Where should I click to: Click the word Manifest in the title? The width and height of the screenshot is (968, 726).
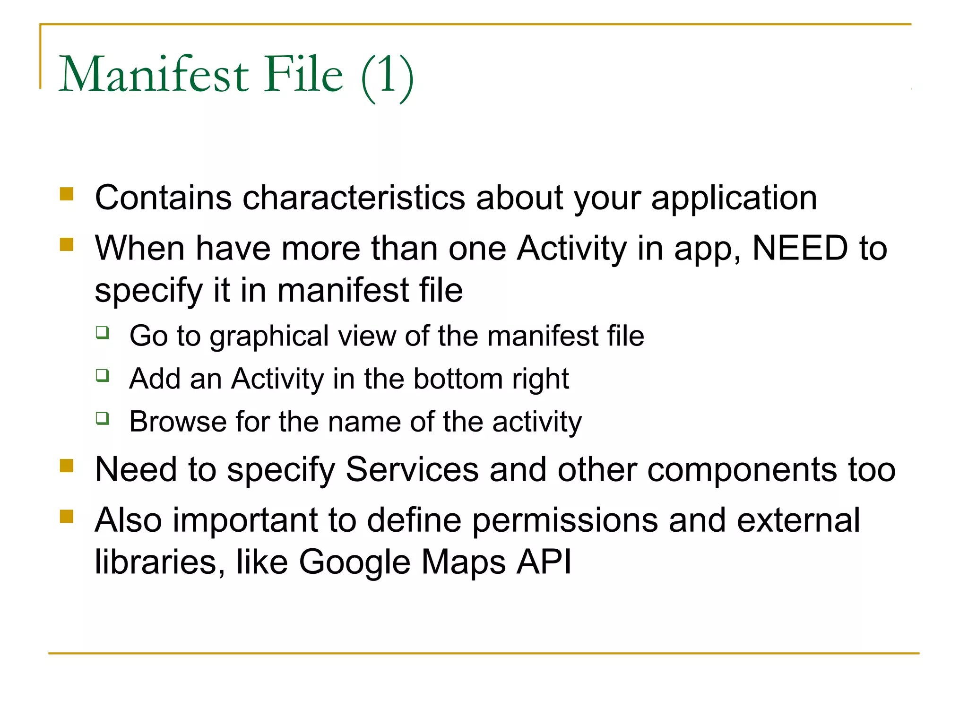click(154, 74)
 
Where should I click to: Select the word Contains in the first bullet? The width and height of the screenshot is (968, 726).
click(164, 198)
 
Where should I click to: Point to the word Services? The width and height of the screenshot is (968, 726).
click(412, 470)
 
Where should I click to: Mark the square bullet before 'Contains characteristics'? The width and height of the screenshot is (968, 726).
click(67, 195)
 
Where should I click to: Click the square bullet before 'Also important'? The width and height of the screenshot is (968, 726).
click(67, 517)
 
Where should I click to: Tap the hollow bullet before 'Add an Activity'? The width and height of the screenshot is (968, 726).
click(103, 375)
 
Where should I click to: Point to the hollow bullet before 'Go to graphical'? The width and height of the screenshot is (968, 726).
click(103, 333)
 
